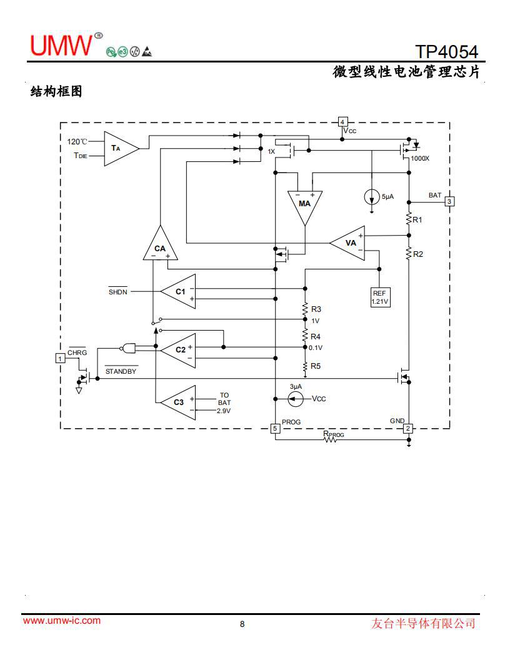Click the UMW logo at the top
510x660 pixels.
tap(61, 44)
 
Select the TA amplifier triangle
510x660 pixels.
tap(119, 148)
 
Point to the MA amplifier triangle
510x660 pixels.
tap(304, 205)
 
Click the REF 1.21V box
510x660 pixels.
tap(380, 297)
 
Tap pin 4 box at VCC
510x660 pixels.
tap(342, 121)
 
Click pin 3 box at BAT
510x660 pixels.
tap(449, 201)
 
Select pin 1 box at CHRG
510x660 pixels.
tap(60, 358)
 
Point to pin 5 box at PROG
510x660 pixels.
tap(275, 429)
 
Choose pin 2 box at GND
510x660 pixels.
tap(408, 429)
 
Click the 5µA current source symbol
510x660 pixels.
tap(372, 197)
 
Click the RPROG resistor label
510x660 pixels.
tap(333, 434)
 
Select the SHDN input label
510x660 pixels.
tap(117, 292)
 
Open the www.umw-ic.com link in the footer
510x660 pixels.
tap(62, 621)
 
